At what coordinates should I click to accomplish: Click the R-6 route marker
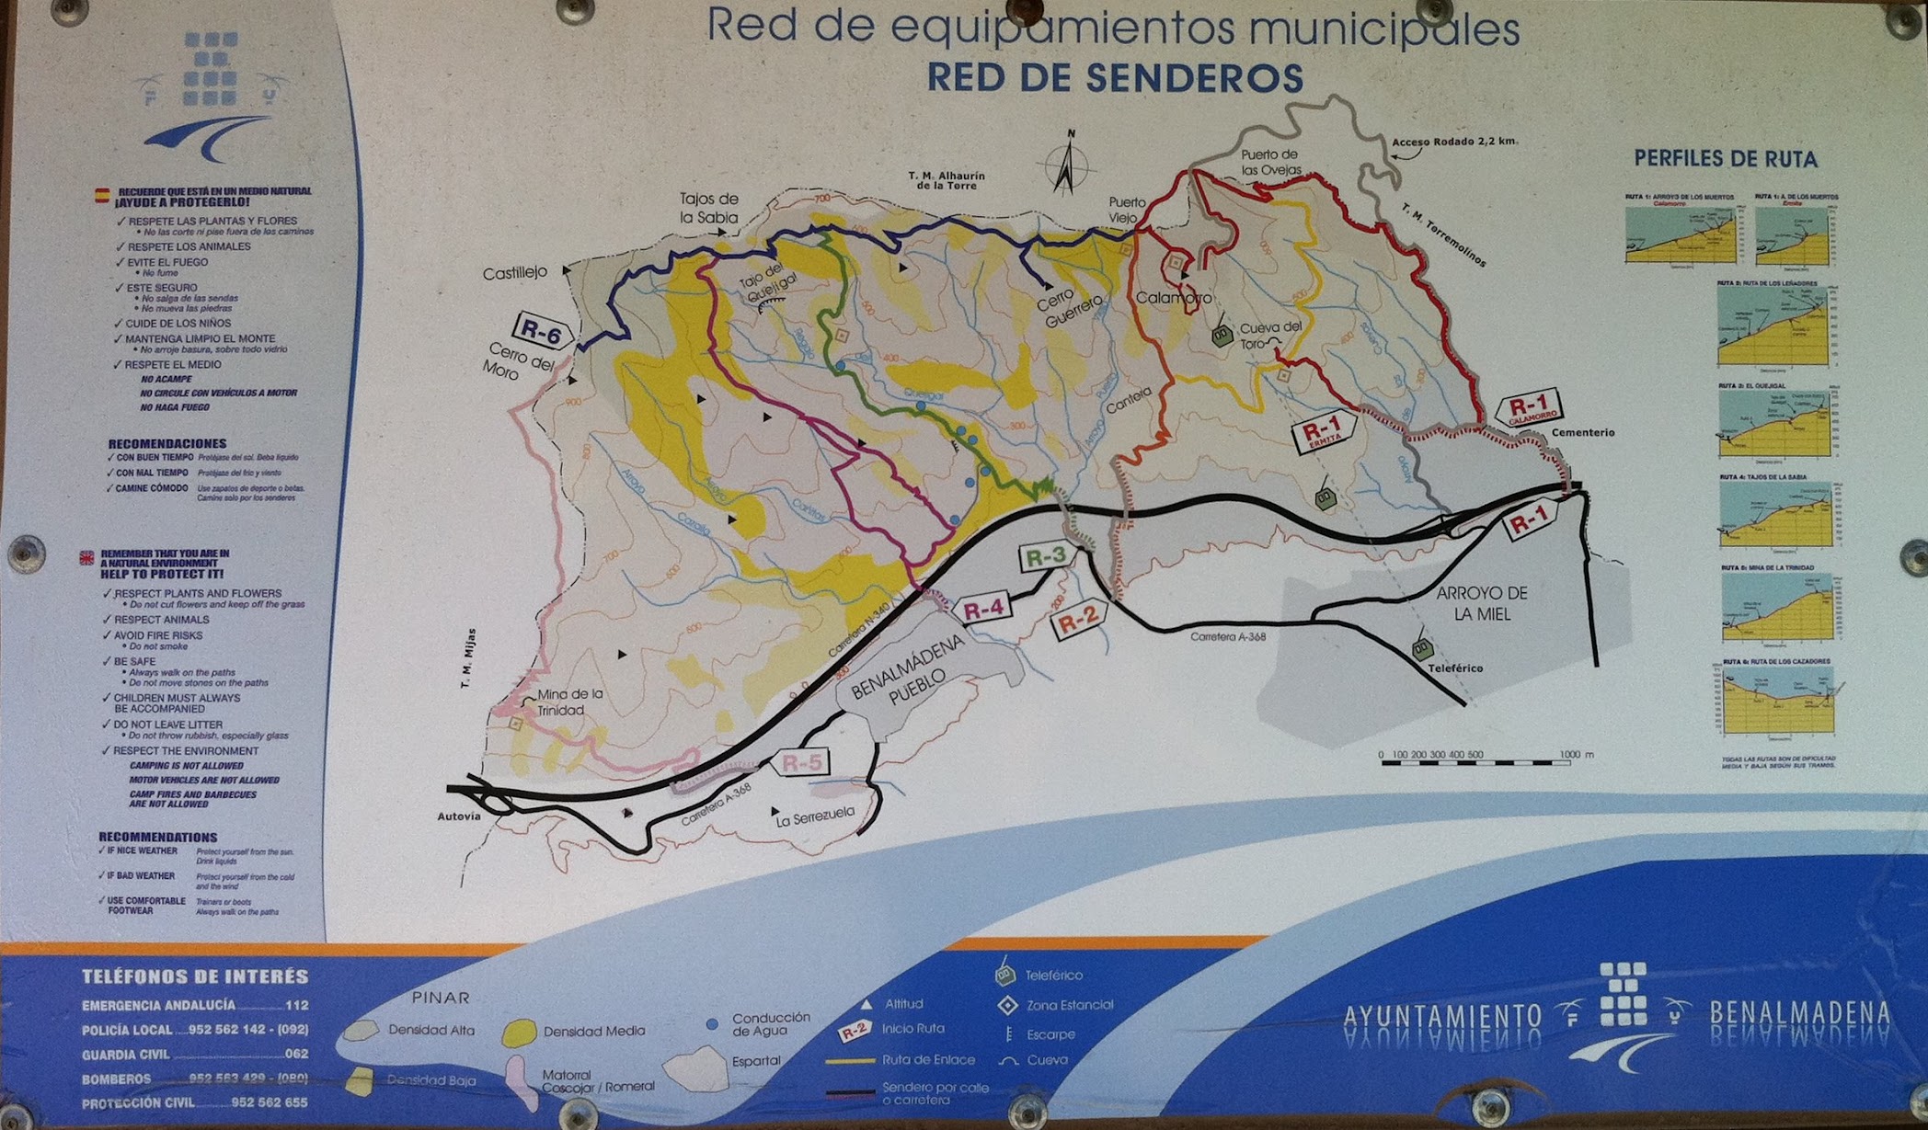coord(542,332)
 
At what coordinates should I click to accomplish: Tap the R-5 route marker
coord(800,762)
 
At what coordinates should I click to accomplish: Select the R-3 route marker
coord(1046,556)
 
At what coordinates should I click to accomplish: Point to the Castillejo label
coord(515,272)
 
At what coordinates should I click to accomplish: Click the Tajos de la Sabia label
coord(708,208)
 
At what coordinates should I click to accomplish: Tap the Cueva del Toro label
coord(1270,336)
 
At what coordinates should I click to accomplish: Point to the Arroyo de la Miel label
coord(1482,603)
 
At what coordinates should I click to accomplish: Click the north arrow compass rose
coord(1067,166)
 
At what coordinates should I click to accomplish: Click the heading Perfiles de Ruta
coord(1726,159)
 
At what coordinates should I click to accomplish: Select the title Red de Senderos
coord(1115,78)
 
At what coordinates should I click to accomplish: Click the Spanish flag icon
coord(102,195)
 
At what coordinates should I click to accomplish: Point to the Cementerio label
coord(1582,432)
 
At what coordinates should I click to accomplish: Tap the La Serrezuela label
coord(815,816)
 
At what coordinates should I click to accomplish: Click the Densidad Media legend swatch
coord(520,1032)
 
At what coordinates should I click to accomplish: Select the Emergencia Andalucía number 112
coord(296,1005)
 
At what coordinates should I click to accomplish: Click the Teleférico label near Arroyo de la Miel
coord(1455,668)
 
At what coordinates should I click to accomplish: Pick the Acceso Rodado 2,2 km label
coord(1454,142)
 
